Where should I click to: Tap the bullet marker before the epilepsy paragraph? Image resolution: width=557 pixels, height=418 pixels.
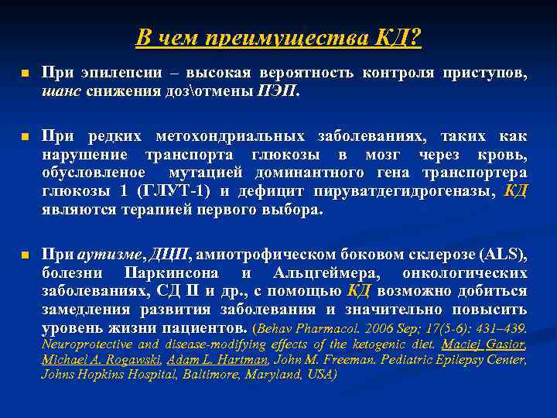[24, 74]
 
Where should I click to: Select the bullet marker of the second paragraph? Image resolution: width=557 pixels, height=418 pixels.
[24, 137]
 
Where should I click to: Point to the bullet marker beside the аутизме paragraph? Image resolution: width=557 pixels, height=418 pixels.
[24, 255]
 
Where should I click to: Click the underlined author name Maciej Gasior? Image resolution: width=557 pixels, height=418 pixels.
[489, 344]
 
